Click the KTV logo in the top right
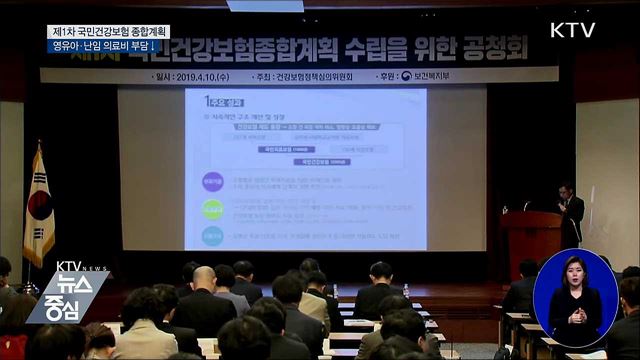pyautogui.click(x=572, y=29)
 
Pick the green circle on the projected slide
pyautogui.click(x=212, y=209)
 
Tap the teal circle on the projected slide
pyautogui.click(x=212, y=236)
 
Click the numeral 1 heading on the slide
pyautogui.click(x=205, y=101)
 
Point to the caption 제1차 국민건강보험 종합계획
pyautogui.click(x=110, y=31)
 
